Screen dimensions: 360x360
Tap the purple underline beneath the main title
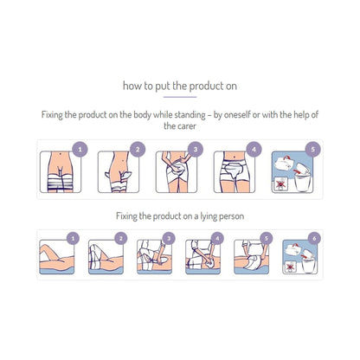pos(180,97)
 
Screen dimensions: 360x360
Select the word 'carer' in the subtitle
pos(188,126)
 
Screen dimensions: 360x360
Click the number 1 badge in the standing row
pos(80,150)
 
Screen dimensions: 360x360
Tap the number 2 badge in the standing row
pos(138,150)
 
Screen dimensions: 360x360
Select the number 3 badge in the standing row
pos(196,150)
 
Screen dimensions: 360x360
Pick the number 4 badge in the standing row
pos(254,150)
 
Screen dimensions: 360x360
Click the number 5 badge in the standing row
pos(313,150)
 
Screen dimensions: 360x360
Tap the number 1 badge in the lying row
pos(73,239)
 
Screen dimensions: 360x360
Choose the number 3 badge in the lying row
pos(169,239)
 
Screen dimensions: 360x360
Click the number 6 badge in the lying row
pos(314,239)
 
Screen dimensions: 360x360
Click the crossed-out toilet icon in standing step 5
pos(280,183)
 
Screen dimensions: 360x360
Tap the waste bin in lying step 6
pos(309,265)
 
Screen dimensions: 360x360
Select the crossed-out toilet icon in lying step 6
pos(290,267)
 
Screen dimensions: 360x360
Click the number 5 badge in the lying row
pos(267,239)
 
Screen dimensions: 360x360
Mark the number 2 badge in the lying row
pos(121,239)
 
